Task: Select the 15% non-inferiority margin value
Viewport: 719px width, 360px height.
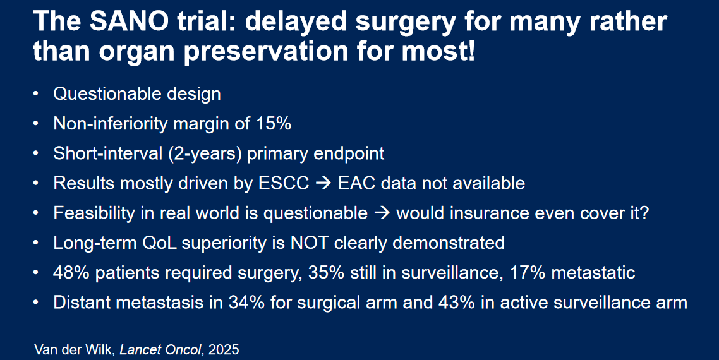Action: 275,123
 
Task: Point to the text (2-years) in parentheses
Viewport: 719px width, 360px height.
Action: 205,153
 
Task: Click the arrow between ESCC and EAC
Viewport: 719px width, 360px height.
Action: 323,184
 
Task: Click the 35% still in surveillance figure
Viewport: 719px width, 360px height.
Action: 325,273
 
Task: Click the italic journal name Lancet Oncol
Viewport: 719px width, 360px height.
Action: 162,350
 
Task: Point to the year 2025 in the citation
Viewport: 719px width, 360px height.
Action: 224,350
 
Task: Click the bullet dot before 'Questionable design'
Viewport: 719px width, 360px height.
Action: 36,95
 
